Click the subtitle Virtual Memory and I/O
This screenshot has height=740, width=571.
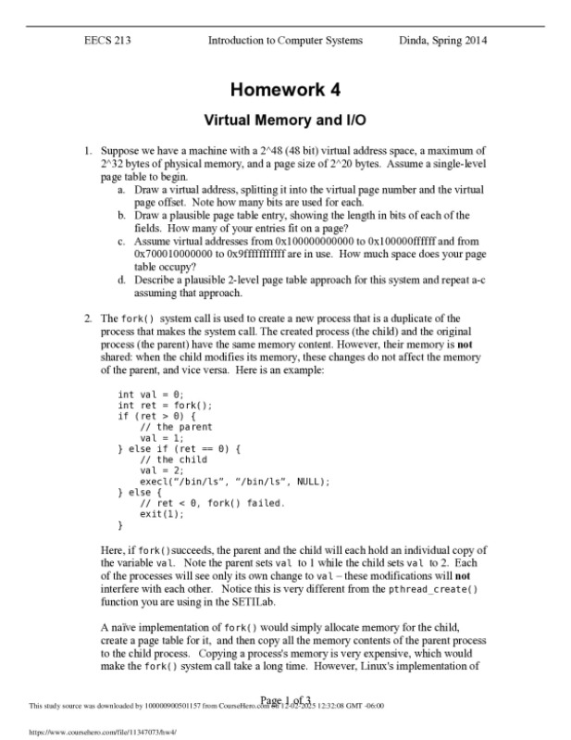click(x=285, y=120)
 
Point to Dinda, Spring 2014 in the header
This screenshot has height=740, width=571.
click(x=443, y=41)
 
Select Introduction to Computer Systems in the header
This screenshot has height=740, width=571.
click(x=285, y=41)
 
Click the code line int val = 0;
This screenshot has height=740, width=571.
click(x=151, y=394)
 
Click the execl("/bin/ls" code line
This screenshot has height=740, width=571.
click(x=234, y=482)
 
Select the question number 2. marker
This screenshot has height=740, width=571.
click(x=88, y=318)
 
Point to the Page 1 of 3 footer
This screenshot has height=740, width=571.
click(x=285, y=699)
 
